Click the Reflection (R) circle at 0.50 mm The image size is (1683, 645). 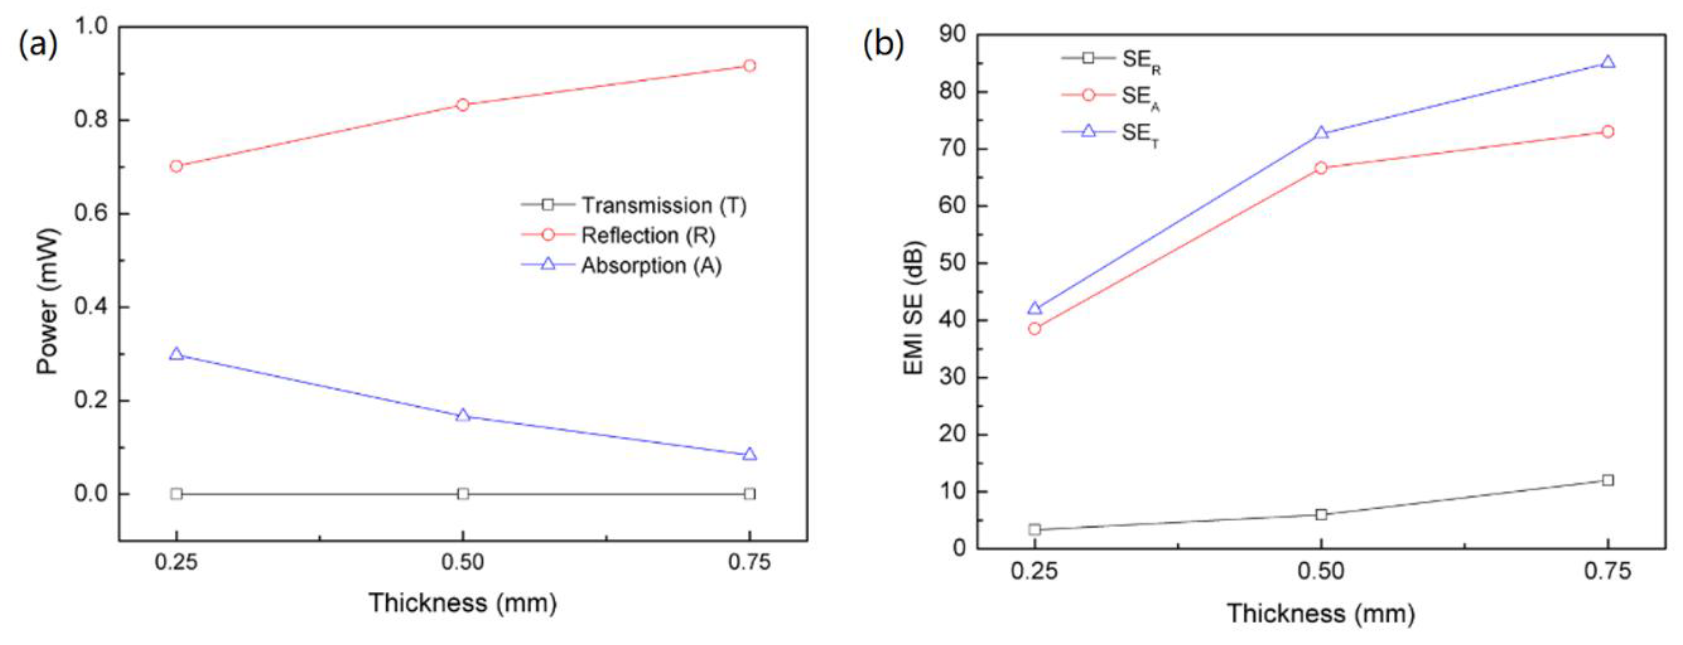[462, 104]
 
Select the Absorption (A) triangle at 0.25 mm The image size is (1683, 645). [176, 354]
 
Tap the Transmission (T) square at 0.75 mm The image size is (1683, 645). [749, 493]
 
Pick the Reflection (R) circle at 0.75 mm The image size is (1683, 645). [749, 65]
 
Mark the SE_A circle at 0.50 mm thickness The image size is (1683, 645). [1321, 168]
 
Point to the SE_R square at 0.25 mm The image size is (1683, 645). [1034, 529]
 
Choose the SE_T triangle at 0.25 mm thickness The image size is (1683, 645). [1034, 308]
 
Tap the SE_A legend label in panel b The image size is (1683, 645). [1140, 97]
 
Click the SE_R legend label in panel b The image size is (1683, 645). [1140, 60]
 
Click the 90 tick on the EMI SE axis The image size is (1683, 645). [953, 34]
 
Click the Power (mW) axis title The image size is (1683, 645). [48, 300]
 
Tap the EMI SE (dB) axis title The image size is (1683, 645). [913, 307]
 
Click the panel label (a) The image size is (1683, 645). [38, 44]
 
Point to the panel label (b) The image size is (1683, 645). [883, 44]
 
